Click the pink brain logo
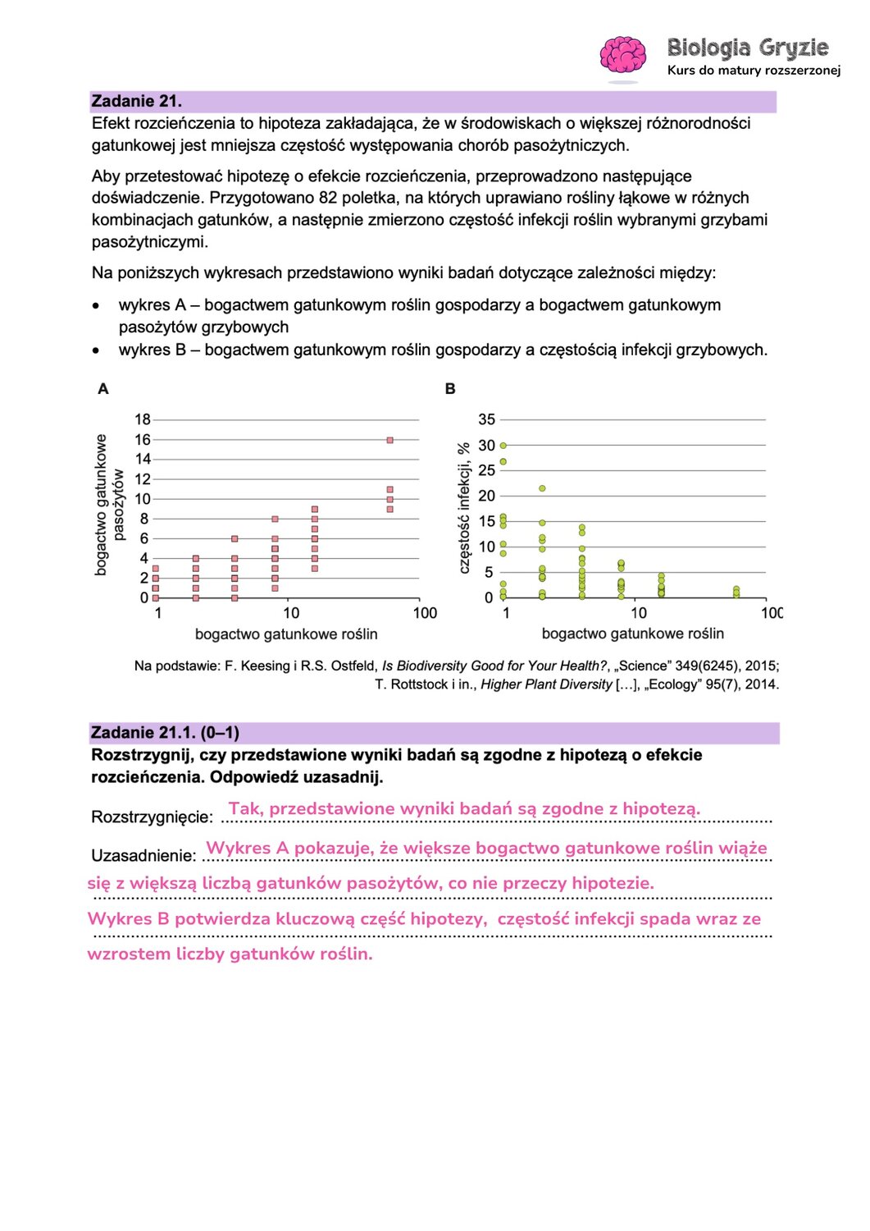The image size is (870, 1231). (622, 56)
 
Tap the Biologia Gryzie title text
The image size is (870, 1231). (747, 48)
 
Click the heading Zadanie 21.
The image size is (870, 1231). (137, 102)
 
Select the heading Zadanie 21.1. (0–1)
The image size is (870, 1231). (165, 733)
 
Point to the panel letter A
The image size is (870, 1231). (103, 389)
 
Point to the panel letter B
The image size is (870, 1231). (450, 389)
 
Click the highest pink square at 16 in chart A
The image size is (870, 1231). (390, 440)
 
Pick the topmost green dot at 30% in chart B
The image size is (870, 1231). (503, 446)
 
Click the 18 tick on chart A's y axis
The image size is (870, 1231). (143, 419)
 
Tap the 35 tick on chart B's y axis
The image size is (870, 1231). (487, 419)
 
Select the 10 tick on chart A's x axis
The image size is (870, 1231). (291, 613)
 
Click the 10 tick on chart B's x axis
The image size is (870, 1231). (639, 613)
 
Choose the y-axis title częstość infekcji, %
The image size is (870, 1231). (464, 507)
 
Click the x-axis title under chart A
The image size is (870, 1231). (286, 634)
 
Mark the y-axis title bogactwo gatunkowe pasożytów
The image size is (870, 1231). (109, 505)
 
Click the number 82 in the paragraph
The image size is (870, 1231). (328, 198)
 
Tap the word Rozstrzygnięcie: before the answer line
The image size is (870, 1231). (152, 817)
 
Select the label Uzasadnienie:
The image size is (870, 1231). (143, 856)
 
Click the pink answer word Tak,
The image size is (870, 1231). (246, 809)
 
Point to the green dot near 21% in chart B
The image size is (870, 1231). (542, 488)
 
